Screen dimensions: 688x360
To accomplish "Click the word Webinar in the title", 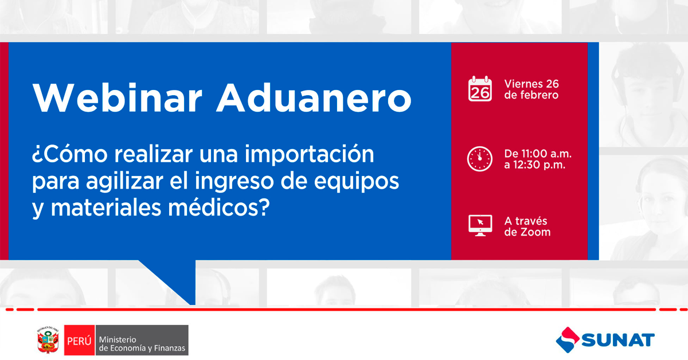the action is [118, 97].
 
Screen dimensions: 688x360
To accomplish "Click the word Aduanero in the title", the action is [314, 97].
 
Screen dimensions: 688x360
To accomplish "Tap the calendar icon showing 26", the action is [480, 89].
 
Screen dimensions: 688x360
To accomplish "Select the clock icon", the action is [480, 159].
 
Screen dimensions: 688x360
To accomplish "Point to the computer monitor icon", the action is [480, 225].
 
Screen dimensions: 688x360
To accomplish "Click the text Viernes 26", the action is [531, 84].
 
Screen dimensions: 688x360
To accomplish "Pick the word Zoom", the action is [535, 232].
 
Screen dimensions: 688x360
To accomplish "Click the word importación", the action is [309, 155].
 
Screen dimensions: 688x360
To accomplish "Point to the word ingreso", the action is [234, 182].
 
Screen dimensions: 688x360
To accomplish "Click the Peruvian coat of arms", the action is [48, 340].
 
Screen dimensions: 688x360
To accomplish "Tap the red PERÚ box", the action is [79, 340].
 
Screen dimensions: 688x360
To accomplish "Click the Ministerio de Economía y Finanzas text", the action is [142, 344].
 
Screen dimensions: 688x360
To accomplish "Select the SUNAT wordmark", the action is [617, 340].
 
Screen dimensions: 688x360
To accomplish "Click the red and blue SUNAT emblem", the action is [568, 340].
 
